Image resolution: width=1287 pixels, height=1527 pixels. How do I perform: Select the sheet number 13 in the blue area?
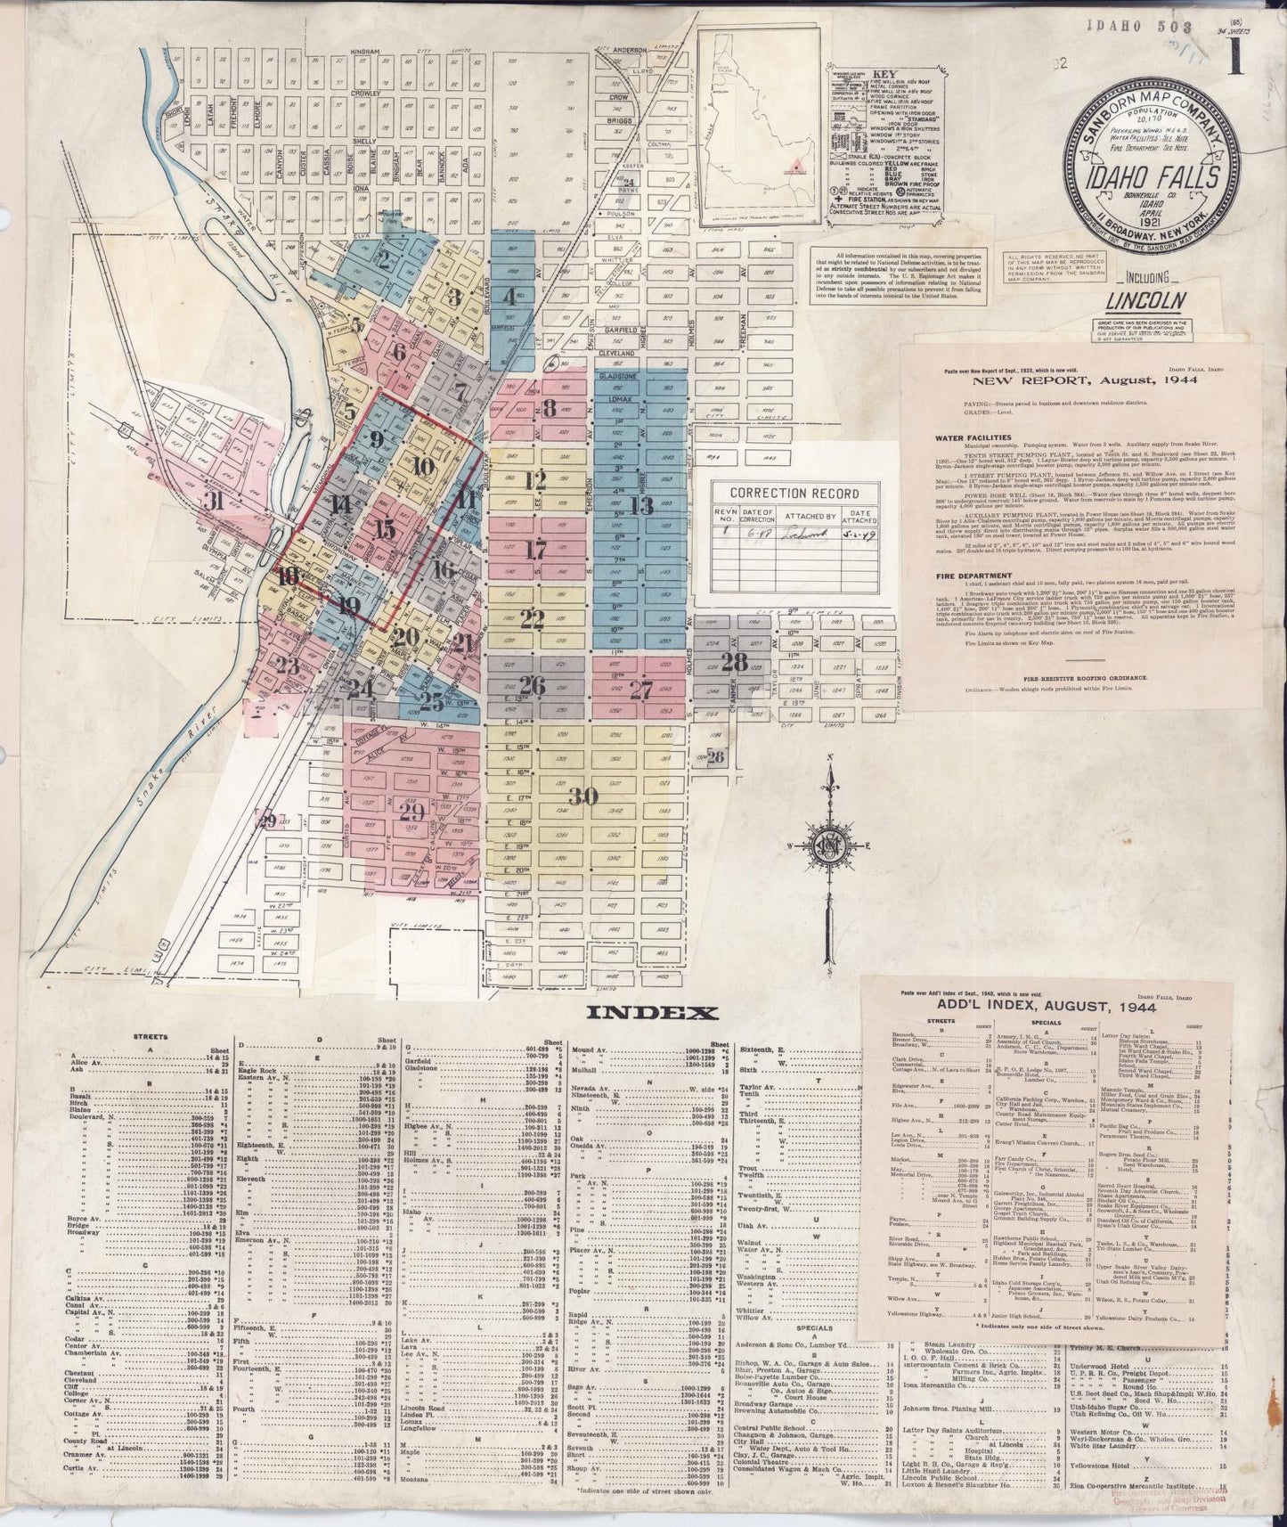[640, 506]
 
